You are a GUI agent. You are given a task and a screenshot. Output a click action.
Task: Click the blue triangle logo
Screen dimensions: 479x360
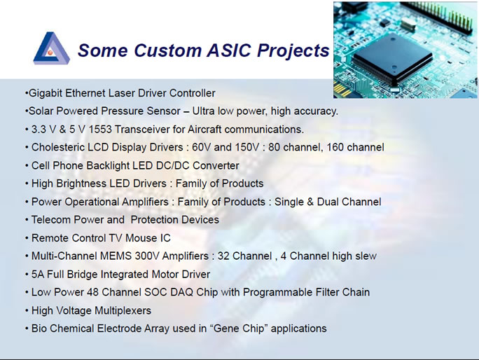point(51,48)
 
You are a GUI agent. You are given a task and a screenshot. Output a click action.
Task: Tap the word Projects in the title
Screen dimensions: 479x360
point(293,51)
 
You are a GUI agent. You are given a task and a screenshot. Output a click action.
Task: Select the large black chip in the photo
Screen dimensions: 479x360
point(392,59)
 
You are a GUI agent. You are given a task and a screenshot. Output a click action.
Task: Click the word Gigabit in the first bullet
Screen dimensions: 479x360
point(46,93)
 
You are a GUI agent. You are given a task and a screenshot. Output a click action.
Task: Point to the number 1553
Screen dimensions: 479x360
point(100,130)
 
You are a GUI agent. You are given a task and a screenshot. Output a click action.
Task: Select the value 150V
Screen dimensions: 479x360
point(247,147)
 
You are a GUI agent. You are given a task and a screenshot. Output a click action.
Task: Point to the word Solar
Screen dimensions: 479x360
point(41,111)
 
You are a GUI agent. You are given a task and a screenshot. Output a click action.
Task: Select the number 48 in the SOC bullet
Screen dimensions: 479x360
point(92,293)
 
